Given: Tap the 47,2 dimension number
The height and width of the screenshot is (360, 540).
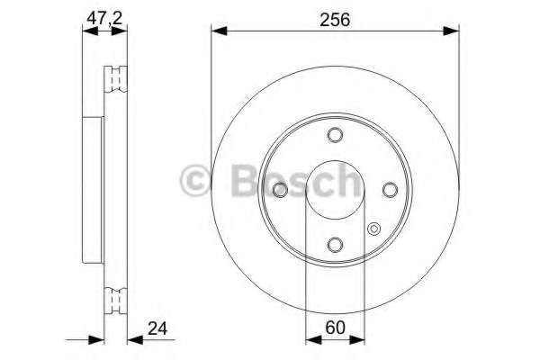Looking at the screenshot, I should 102,17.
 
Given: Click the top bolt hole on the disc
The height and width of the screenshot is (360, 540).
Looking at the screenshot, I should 335,135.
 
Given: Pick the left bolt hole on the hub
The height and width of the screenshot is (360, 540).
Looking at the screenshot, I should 280,190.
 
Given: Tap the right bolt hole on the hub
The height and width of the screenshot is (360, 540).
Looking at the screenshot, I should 390,190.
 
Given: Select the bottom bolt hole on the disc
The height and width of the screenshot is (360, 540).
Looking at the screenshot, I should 335,245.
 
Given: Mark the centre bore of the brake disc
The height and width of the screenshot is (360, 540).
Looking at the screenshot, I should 335,190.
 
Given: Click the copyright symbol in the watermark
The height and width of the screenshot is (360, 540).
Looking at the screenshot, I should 193,181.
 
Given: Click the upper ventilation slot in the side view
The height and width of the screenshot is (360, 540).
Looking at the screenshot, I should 114,78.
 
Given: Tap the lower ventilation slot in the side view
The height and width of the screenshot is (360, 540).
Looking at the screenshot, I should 114,300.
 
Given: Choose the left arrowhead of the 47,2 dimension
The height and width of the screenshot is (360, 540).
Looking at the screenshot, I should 86,32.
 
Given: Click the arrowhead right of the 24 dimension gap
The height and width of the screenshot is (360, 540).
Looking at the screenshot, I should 132,340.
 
